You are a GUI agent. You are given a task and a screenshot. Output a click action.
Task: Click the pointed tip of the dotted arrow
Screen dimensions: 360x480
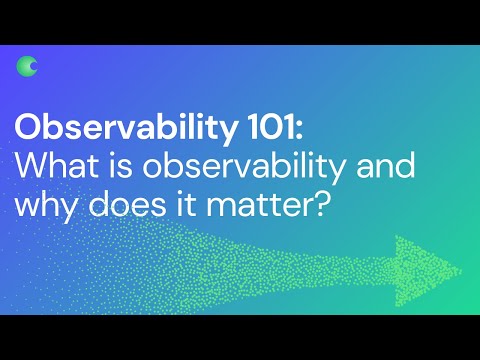[x=462, y=269]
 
